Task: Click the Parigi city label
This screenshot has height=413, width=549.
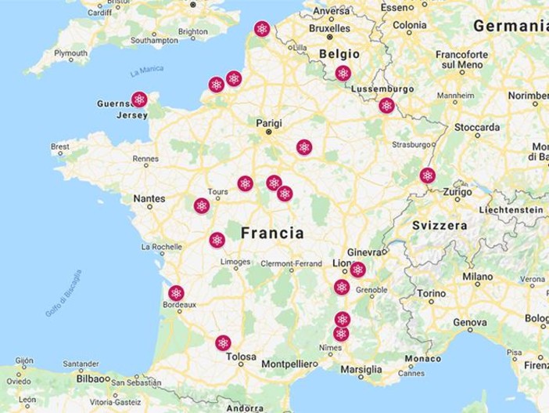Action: click(x=267, y=122)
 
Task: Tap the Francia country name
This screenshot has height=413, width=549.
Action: click(x=272, y=233)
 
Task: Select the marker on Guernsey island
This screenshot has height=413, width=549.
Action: click(x=139, y=100)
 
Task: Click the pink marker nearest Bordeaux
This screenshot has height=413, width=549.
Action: click(x=176, y=293)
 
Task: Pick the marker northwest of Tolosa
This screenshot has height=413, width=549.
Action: click(x=223, y=342)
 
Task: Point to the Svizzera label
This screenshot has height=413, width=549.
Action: click(x=440, y=225)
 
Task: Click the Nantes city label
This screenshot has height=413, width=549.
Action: click(x=149, y=198)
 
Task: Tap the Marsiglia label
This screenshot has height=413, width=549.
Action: click(x=361, y=369)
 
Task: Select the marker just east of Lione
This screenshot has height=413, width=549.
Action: click(x=357, y=270)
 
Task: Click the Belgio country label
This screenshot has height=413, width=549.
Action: click(x=339, y=54)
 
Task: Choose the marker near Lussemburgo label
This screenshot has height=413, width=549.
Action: click(x=386, y=105)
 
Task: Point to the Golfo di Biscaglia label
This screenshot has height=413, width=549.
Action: click(x=63, y=293)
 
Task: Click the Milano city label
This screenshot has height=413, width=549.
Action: click(x=477, y=277)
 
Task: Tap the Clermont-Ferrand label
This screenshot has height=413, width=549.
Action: click(x=291, y=263)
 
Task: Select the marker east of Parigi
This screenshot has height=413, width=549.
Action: click(x=304, y=147)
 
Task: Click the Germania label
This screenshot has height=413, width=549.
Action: click(x=510, y=26)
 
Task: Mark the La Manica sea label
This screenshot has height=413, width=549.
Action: click(x=146, y=71)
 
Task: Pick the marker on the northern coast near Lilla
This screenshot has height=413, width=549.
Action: click(x=262, y=29)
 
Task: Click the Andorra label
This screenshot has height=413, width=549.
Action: click(x=245, y=408)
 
